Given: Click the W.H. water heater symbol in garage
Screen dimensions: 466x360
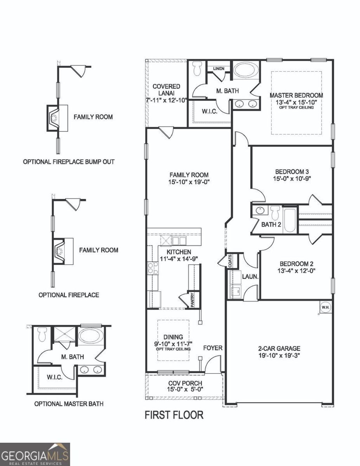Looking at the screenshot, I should (324, 307).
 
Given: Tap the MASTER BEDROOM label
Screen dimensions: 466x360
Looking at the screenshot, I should (296, 95).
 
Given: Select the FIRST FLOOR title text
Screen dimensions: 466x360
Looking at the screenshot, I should (174, 415).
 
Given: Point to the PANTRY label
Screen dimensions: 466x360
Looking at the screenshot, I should (192, 300).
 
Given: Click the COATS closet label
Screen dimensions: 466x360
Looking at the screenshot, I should (230, 261).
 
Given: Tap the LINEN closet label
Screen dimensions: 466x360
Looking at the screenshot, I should (218, 69).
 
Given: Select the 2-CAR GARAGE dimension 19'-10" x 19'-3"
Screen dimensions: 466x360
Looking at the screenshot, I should (279, 355).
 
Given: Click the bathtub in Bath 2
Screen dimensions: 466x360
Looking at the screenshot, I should (289, 220).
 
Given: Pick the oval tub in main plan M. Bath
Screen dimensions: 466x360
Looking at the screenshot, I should (245, 70).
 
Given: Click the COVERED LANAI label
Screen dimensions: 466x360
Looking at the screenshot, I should (166, 90).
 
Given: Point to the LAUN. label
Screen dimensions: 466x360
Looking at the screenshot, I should (250, 277).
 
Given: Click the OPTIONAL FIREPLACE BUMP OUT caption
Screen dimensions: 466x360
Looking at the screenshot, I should (69, 162).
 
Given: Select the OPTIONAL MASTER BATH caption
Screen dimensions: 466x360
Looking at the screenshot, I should (69, 404).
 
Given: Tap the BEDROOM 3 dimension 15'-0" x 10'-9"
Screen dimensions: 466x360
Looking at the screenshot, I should (292, 178).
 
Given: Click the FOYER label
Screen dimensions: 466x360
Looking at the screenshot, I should (213, 348).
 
